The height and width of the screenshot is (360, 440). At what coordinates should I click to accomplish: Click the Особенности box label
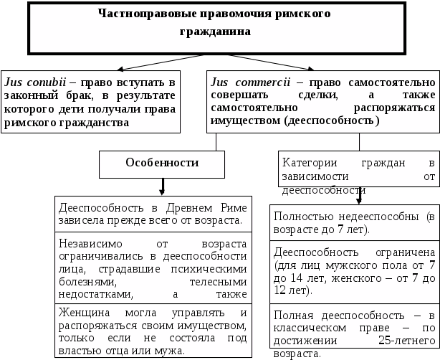[162, 163]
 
